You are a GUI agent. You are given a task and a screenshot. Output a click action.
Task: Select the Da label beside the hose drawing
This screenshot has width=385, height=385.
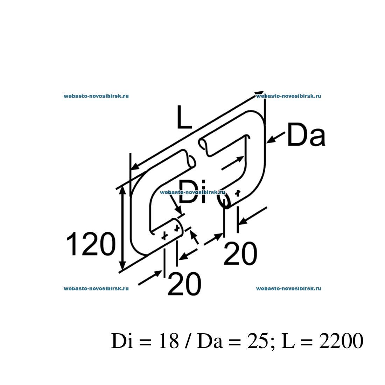pos(306,134)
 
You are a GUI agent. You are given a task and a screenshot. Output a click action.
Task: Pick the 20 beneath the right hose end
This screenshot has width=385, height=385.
pos(240,254)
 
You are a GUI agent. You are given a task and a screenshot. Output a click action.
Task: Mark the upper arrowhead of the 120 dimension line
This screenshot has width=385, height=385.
pos(122,191)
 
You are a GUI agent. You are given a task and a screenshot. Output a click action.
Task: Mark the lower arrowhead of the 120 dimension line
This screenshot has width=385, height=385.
pos(122,267)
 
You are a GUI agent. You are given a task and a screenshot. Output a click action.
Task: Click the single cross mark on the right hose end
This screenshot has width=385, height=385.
pos(238,193)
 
